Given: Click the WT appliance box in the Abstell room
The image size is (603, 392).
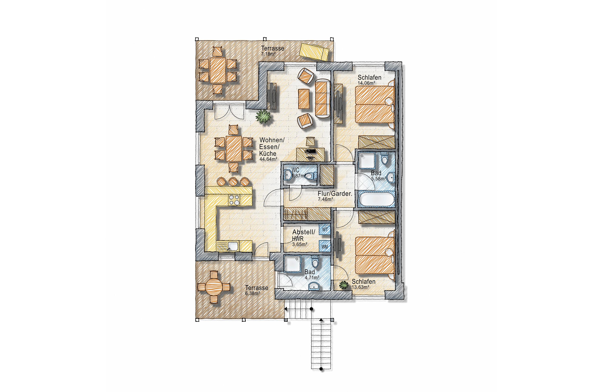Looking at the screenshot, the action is (325, 230).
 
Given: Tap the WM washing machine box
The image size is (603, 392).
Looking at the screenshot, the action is (325, 246).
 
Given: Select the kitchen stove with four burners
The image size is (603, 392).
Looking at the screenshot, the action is (57, 200).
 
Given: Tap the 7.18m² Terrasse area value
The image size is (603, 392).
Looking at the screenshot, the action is (268, 54).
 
